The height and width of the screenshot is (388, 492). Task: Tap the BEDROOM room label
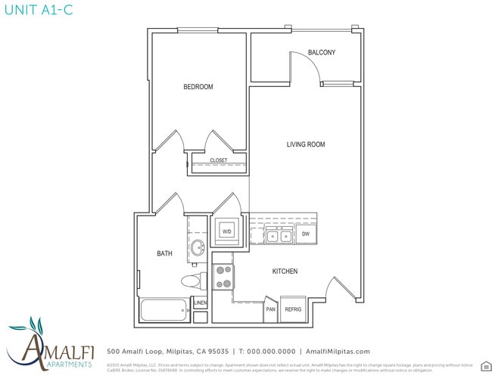(x=198, y=87)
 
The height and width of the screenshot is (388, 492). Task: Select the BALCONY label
(x=322, y=52)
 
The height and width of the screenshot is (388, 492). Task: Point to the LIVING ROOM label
(x=306, y=144)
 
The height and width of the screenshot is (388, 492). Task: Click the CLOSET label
(x=218, y=160)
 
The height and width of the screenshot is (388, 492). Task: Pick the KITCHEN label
(x=285, y=271)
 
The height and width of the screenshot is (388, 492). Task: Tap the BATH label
(x=166, y=253)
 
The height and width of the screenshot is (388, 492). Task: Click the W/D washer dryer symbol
(x=227, y=231)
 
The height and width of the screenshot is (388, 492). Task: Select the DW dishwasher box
(x=306, y=234)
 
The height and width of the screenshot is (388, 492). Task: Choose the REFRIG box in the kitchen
(x=293, y=309)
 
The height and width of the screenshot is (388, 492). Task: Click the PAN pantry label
(x=270, y=309)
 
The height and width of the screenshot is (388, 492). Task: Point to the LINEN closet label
(x=200, y=303)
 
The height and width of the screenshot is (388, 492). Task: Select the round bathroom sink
(x=198, y=247)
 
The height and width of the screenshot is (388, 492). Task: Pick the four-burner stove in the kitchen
(x=223, y=276)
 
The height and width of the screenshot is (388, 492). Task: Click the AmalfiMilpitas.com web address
(x=338, y=351)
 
